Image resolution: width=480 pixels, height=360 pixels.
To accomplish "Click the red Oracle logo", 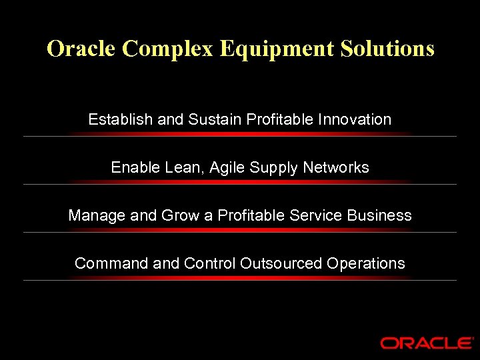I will click(x=427, y=343).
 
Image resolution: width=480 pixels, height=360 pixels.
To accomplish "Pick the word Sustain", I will click(x=215, y=120).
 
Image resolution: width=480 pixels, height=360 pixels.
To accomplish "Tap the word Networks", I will click(x=336, y=168).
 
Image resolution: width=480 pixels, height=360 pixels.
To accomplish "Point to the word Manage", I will click(x=95, y=216).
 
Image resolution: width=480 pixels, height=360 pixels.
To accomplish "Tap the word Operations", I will click(x=366, y=264).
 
